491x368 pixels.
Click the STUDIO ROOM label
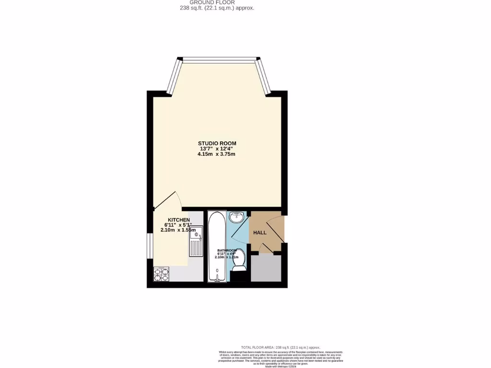coord(217,143)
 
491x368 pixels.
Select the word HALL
coord(260,232)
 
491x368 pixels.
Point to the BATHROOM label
coord(227,251)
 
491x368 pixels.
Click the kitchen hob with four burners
coord(161,274)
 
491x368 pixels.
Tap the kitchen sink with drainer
coord(196,242)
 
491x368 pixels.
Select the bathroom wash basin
coord(236,218)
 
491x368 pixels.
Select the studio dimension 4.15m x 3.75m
coord(216,154)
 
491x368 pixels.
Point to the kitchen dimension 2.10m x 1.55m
coord(178,230)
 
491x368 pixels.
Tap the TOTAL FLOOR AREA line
coord(280,347)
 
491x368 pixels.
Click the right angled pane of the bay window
coord(264,76)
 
